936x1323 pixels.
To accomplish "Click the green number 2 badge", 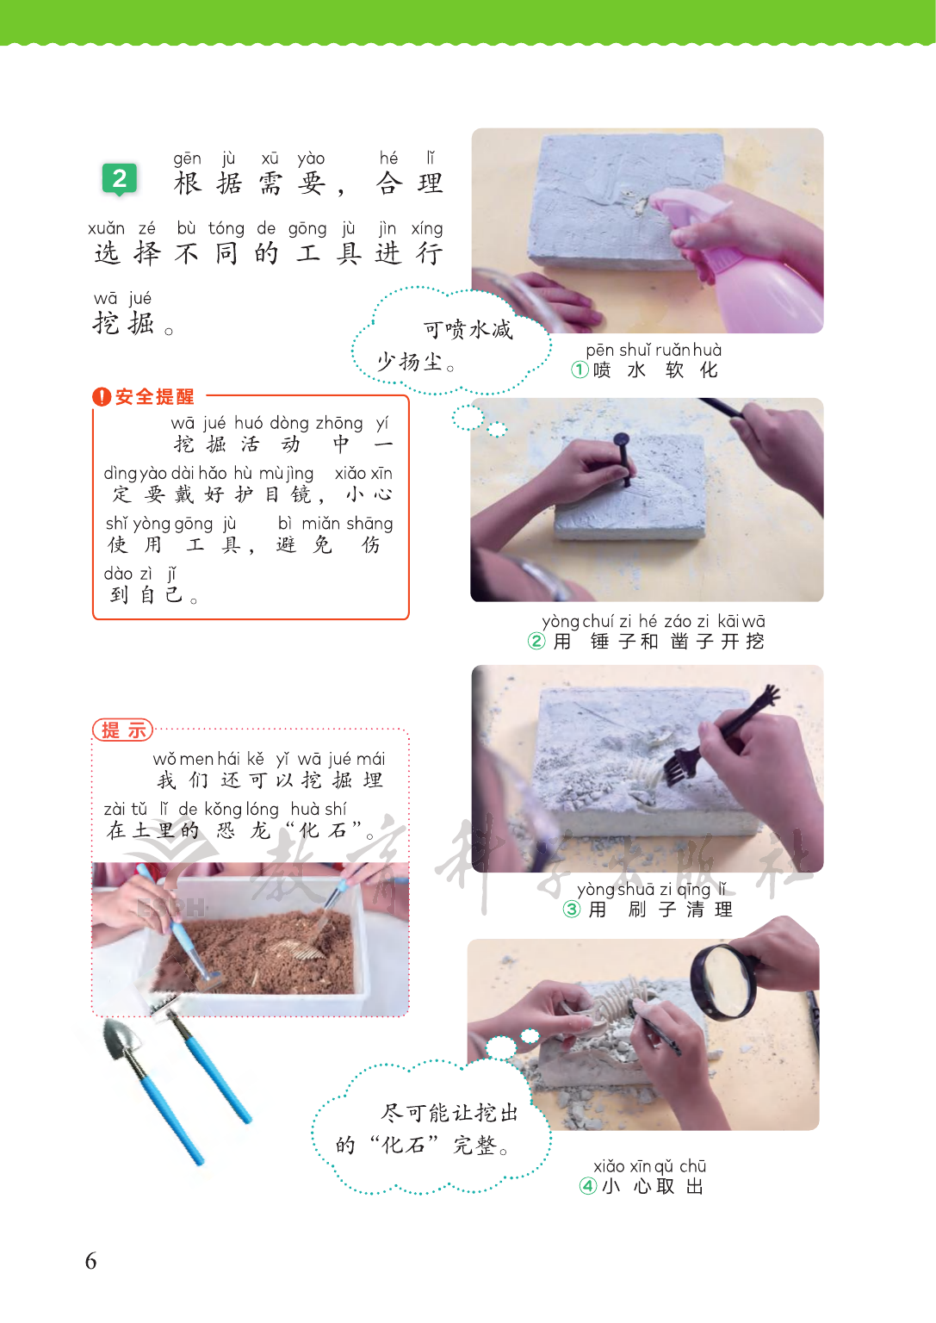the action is [x=120, y=178].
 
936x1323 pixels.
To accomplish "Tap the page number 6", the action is [x=91, y=1260].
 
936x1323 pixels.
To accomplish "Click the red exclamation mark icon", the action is [x=102, y=397].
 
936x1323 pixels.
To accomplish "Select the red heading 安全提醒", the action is [x=154, y=397].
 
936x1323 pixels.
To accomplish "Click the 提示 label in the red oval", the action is [x=123, y=730].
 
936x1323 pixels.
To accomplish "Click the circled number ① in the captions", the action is [x=580, y=370].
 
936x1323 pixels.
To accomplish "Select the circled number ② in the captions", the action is [x=536, y=641].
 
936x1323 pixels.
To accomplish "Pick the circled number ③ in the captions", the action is [x=571, y=909].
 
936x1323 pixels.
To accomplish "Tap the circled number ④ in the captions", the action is [x=588, y=1186].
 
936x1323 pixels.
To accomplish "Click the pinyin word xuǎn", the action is [x=106, y=228].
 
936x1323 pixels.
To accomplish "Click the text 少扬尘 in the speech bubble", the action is [x=410, y=362].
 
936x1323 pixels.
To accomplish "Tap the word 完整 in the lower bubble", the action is [x=474, y=1146].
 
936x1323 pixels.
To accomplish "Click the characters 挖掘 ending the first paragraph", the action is [x=124, y=323].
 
